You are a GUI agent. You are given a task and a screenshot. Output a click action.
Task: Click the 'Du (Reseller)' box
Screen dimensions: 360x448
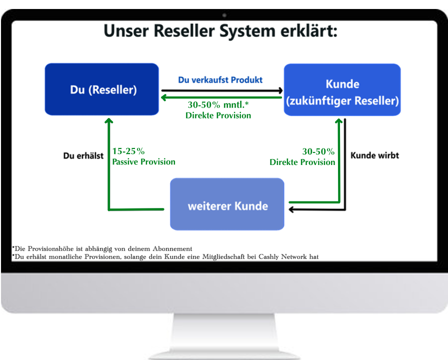(102, 89)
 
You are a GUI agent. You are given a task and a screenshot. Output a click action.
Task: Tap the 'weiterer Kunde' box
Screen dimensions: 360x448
(227, 204)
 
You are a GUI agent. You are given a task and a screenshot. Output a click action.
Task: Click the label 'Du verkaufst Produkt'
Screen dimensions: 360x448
(220, 79)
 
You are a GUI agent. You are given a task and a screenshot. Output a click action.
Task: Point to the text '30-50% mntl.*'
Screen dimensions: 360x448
(218, 105)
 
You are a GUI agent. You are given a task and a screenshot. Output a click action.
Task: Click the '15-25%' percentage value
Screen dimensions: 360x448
(128, 151)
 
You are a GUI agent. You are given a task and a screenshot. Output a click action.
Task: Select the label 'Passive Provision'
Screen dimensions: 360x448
(143, 161)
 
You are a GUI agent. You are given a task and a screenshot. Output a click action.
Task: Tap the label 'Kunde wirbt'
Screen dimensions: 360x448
(374, 155)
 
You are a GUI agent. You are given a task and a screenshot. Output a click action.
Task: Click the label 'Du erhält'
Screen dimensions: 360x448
(83, 155)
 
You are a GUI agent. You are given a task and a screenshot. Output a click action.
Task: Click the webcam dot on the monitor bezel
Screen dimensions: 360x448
(224, 15)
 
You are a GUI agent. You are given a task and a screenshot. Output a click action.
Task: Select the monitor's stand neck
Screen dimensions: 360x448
(224, 332)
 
